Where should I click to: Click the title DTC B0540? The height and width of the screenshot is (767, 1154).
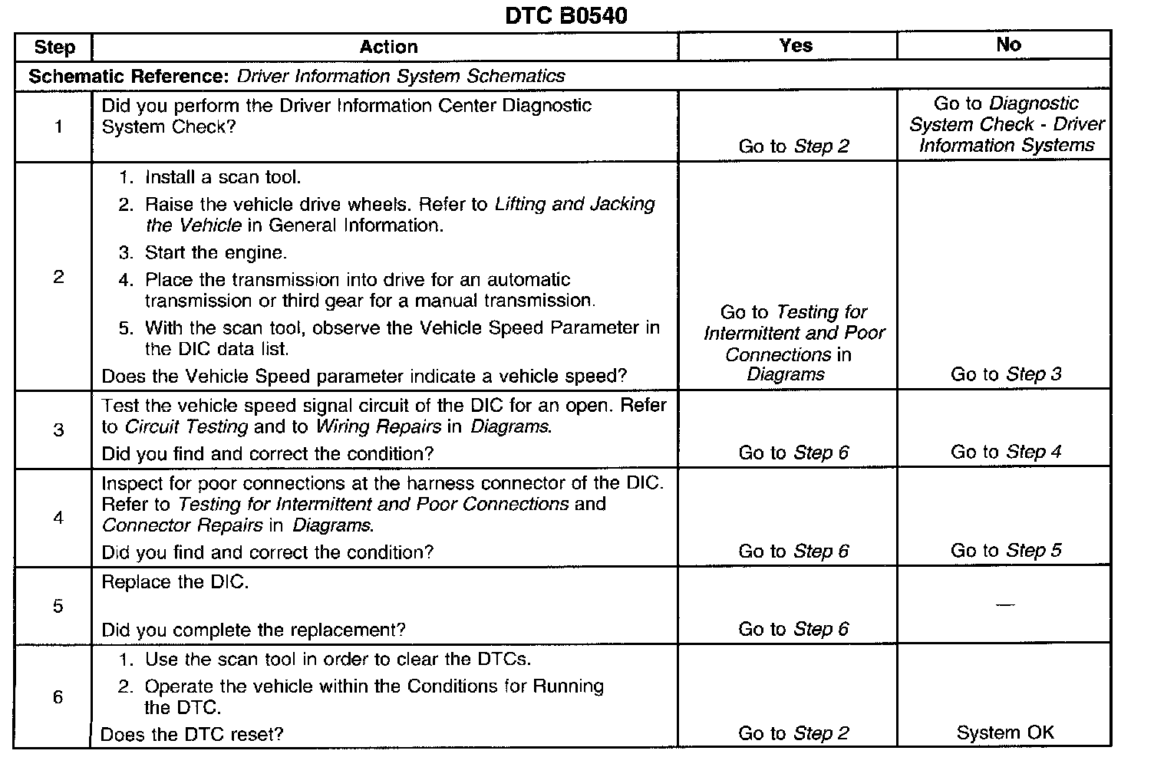(565, 15)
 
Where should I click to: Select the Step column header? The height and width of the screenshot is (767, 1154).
(54, 48)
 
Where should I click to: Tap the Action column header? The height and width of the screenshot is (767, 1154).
(388, 48)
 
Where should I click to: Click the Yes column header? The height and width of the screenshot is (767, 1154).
(795, 46)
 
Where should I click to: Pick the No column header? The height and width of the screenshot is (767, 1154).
(1008, 45)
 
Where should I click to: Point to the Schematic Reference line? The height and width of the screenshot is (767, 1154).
(296, 77)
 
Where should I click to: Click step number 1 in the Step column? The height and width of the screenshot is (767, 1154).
(58, 127)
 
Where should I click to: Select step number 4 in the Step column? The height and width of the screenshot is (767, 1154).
(58, 518)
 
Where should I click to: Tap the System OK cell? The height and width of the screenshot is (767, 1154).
(1005, 733)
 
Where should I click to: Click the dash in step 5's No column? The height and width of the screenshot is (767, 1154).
(1004, 606)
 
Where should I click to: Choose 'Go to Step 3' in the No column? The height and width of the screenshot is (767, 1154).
(1006, 374)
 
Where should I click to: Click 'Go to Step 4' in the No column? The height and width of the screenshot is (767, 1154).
(1006, 452)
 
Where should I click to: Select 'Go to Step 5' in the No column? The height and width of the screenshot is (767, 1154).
(1006, 551)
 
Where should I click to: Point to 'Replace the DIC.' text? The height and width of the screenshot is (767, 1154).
(175, 582)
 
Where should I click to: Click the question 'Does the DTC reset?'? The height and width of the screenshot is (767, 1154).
(192, 734)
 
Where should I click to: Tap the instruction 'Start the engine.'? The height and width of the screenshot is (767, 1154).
(215, 253)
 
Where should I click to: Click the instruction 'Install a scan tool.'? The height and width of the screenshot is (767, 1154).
(223, 178)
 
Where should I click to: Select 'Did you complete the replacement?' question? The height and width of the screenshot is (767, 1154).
(253, 630)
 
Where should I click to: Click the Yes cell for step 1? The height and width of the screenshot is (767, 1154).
(793, 146)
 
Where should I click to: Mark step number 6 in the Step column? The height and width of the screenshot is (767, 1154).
(58, 697)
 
